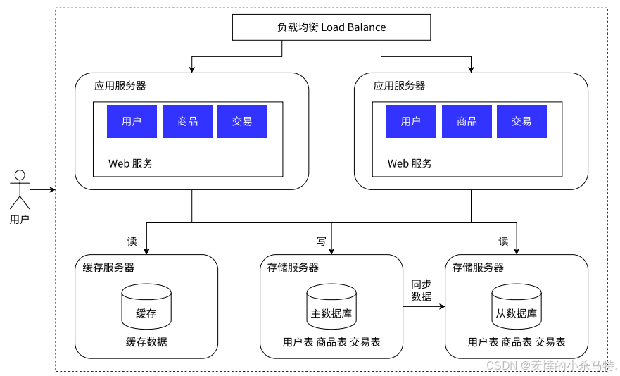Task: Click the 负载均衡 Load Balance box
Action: click(331, 27)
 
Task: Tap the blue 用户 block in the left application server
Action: click(132, 121)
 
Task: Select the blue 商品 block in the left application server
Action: click(187, 121)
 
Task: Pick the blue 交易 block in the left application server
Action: click(242, 121)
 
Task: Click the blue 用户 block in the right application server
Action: click(411, 121)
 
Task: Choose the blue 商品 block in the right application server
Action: click(467, 121)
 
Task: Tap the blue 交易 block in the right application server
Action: click(521, 121)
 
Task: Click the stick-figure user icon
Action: click(20, 189)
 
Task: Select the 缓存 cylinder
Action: click(146, 307)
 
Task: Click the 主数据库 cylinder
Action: click(331, 307)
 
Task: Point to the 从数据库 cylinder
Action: click(517, 307)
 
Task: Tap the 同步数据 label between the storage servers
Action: click(422, 290)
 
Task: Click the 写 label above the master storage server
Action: click(321, 242)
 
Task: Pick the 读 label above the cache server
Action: click(132, 242)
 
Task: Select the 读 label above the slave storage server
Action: click(503, 242)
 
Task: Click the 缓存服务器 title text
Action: click(108, 268)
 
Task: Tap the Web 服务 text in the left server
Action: click(130, 163)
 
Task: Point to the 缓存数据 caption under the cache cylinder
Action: click(146, 342)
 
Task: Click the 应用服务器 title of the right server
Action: click(399, 86)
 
